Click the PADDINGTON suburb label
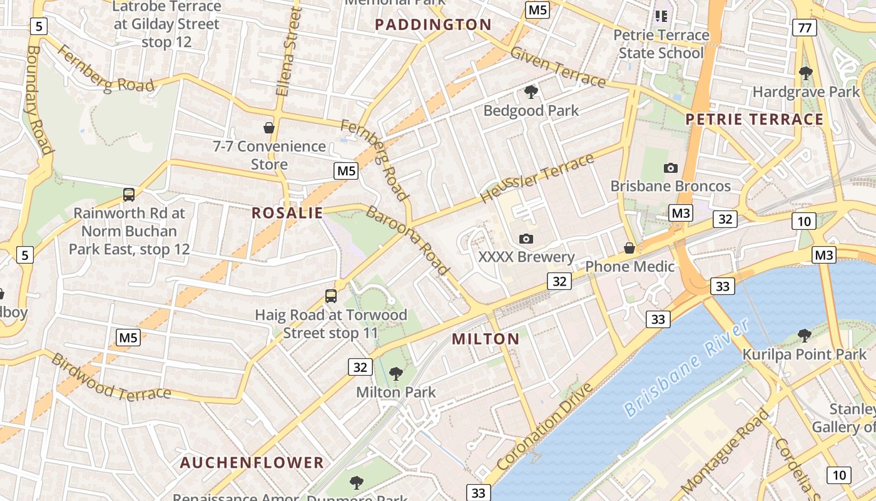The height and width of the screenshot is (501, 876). coord(433,25)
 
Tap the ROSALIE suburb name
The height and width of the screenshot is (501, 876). coord(287,213)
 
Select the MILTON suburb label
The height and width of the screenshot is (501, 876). coord(486,339)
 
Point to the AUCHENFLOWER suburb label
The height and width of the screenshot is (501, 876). coord(252,463)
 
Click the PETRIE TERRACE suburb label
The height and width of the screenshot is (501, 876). coord(755,119)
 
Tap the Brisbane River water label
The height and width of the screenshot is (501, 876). coord(686,368)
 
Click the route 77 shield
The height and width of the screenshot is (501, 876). coord(804,28)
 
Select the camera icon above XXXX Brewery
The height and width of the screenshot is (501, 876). coord(526,239)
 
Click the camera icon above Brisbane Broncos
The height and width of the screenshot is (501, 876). coord(670,168)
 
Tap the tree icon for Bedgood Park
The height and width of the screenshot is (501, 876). coord(531,92)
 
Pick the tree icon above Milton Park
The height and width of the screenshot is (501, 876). coord(395,374)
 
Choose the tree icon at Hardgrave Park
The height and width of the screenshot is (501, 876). coord(806,73)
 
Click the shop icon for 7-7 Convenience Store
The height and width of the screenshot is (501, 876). coord(269,128)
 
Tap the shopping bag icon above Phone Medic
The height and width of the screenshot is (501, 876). coord(629,249)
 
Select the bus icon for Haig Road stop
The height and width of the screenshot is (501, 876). coord(330,296)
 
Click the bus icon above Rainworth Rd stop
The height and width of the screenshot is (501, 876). coord(129,195)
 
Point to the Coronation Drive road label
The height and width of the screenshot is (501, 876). coord(545,427)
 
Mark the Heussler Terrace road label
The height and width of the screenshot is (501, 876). coord(537,178)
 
